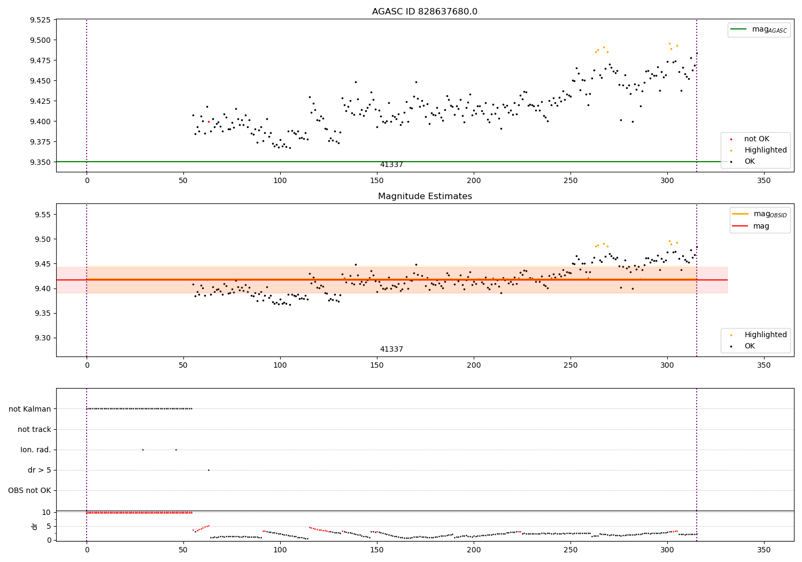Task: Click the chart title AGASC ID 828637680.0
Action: click(425, 11)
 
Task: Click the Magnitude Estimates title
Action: click(425, 196)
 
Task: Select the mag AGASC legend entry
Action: click(759, 29)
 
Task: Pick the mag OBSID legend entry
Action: click(759, 214)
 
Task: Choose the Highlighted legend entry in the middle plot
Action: click(759, 335)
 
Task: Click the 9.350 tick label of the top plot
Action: click(40, 162)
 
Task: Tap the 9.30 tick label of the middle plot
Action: click(43, 338)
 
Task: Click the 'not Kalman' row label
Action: click(30, 409)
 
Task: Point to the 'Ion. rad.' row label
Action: click(35, 450)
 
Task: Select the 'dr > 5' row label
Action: click(40, 470)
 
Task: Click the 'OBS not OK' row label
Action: click(29, 490)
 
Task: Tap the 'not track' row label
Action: click(34, 429)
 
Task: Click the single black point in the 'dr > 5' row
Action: click(209, 470)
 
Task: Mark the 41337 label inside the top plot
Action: click(391, 164)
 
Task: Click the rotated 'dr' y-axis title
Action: click(34, 527)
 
